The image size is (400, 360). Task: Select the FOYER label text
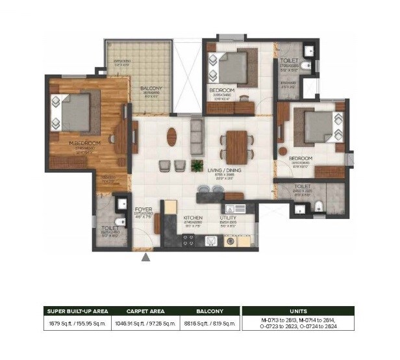(144, 210)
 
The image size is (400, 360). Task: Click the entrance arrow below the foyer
(147, 257)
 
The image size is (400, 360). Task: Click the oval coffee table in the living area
(171, 137)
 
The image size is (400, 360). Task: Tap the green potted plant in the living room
(195, 166)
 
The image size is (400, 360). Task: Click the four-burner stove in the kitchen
(188, 240)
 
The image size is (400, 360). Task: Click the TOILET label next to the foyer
(110, 228)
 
